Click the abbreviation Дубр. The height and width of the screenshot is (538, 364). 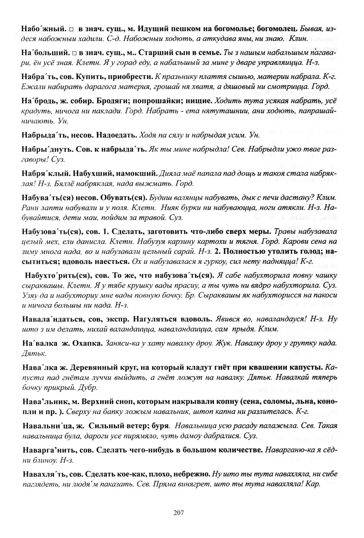[x=88, y=388]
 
